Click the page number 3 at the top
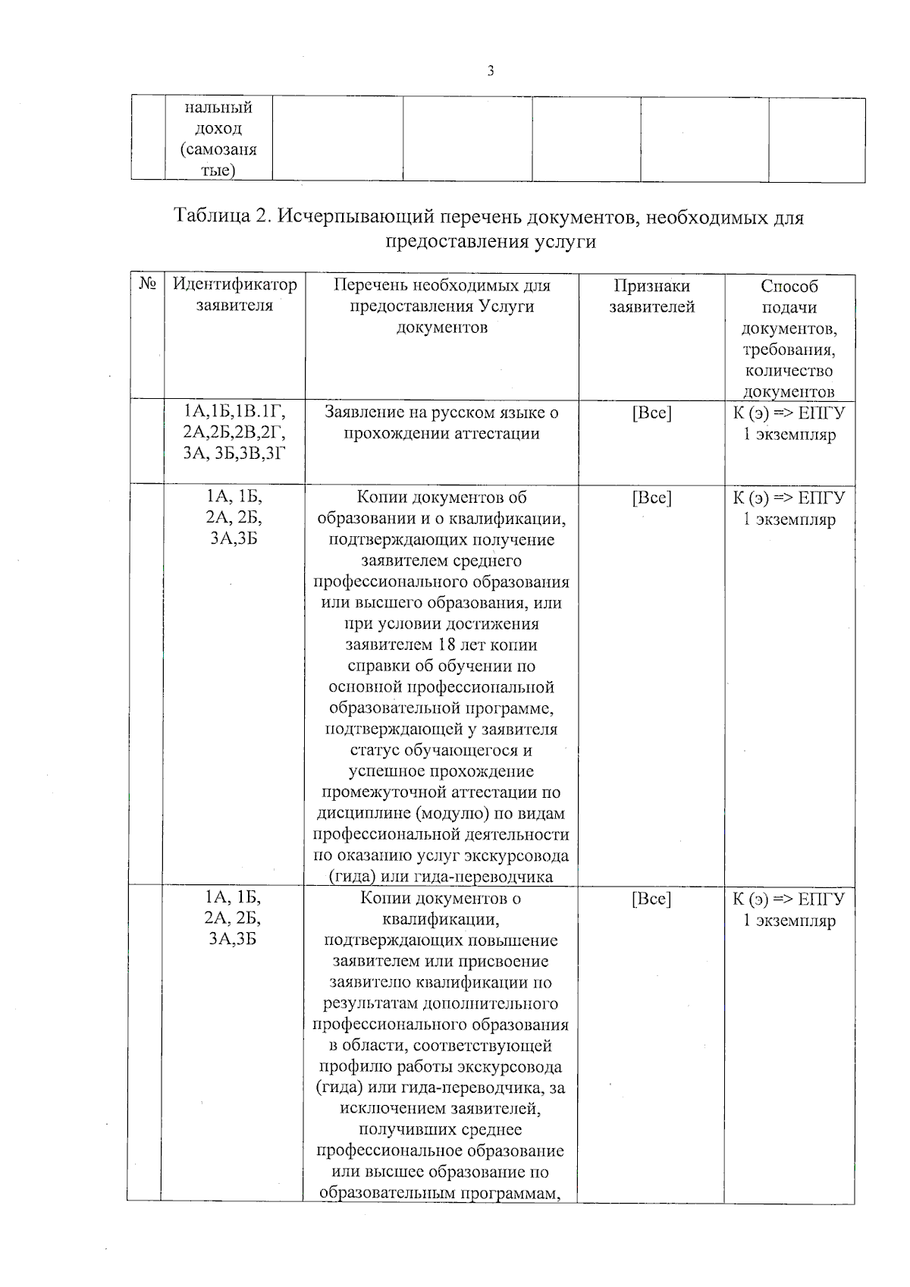click(x=491, y=71)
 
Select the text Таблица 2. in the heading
click(x=222, y=216)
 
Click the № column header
click(x=148, y=284)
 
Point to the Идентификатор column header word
click(x=235, y=284)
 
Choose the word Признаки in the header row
click(x=651, y=286)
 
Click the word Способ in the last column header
click(x=789, y=287)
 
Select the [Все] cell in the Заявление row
click(x=651, y=413)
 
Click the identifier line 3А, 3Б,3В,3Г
click(x=234, y=453)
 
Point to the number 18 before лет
click(x=447, y=645)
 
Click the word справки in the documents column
click(x=377, y=667)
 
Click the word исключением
click(x=399, y=1109)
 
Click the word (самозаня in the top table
click(x=218, y=149)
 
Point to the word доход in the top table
click(x=218, y=129)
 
